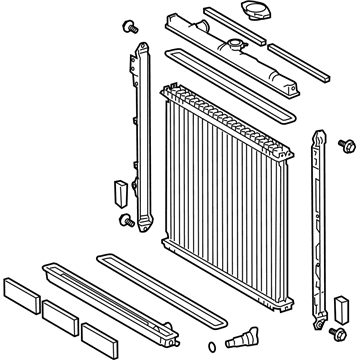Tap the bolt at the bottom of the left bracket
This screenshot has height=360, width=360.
125,219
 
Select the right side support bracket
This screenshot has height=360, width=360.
322,215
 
